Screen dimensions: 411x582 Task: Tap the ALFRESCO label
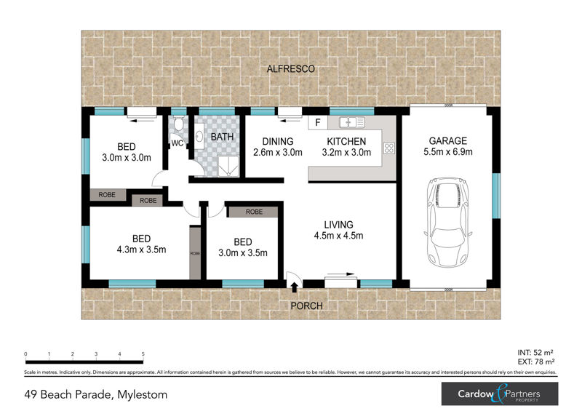290,68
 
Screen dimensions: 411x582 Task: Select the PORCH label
306,306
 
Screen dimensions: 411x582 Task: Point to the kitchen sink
352,122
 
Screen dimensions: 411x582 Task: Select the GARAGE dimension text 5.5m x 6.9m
448,153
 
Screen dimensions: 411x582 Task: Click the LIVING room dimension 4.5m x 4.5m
338,236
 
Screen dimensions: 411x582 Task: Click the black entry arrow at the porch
294,287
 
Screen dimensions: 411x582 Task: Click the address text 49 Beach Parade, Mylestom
95,395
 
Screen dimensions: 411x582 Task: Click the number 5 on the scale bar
143,354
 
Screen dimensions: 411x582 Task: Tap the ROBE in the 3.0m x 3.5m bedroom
254,212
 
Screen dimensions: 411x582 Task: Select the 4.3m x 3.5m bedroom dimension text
141,250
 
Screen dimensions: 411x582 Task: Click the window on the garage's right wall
497,196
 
